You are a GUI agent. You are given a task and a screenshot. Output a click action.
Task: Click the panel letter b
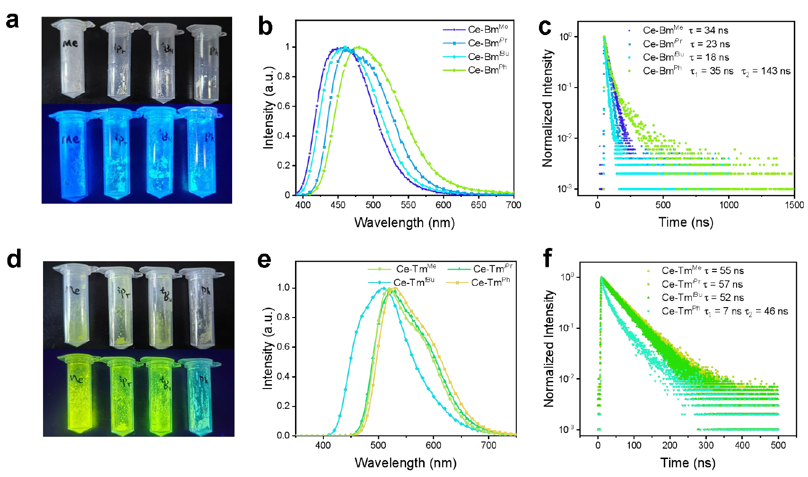tap(265, 26)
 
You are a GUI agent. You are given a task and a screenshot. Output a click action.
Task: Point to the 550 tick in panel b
tap(408, 205)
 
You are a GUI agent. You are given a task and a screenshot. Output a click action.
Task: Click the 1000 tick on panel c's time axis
tap(729, 205)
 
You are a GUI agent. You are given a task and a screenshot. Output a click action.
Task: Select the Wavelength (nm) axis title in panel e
tap(405, 462)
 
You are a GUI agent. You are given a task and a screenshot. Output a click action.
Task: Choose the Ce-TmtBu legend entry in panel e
tap(413, 283)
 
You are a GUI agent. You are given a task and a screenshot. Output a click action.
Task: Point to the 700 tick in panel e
tap(488, 445)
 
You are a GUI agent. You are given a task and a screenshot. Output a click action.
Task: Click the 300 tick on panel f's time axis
tap(706, 445)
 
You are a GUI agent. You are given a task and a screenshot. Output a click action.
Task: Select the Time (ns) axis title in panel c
tap(686, 222)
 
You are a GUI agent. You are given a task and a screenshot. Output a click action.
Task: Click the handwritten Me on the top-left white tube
tap(70, 44)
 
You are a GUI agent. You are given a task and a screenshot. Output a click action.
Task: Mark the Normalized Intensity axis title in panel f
tap(548, 348)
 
